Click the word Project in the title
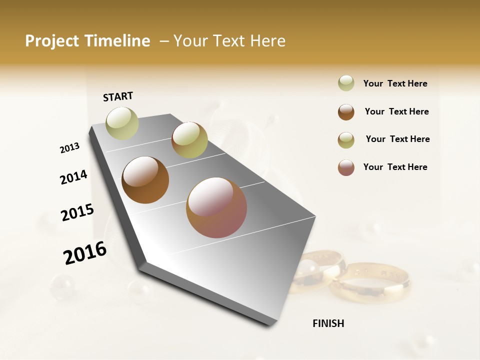point(52,41)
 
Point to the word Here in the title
point(267,41)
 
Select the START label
point(118,96)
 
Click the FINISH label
point(328,323)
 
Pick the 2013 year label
point(69,148)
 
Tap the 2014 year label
point(73,177)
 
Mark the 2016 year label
point(85,253)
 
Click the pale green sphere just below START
point(122,123)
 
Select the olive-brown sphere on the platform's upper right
point(189,140)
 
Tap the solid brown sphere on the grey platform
point(145,180)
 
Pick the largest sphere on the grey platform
point(216,207)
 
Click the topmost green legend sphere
point(346,83)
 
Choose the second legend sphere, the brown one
point(346,112)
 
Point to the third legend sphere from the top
point(346,140)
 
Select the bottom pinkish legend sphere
point(346,167)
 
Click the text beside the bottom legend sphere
point(395,167)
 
